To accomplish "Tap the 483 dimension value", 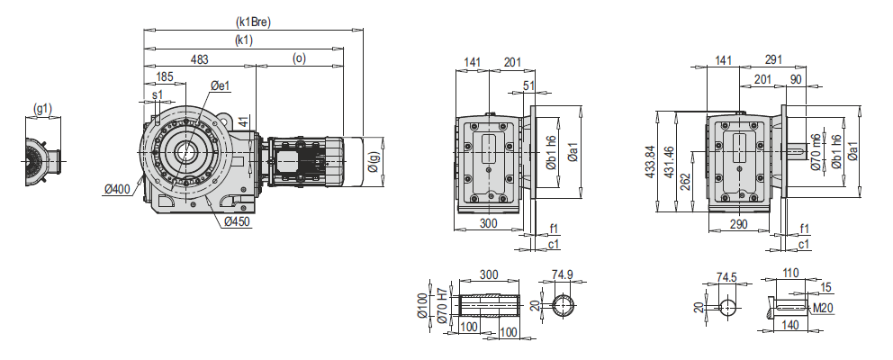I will tap(199, 59).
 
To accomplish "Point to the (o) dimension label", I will tap(299, 59).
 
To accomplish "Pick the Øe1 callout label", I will tap(221, 85).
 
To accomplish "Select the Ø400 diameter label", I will tap(117, 189).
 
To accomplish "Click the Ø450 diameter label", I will tap(237, 221).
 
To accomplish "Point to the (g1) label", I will tap(42, 109).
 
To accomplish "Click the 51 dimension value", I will tap(528, 85).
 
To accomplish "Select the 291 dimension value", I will tap(771, 59).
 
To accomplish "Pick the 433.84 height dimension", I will tap(651, 163).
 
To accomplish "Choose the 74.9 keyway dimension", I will tap(563, 274).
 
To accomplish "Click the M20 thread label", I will tap(824, 308).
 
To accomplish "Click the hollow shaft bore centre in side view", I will tap(191, 151).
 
